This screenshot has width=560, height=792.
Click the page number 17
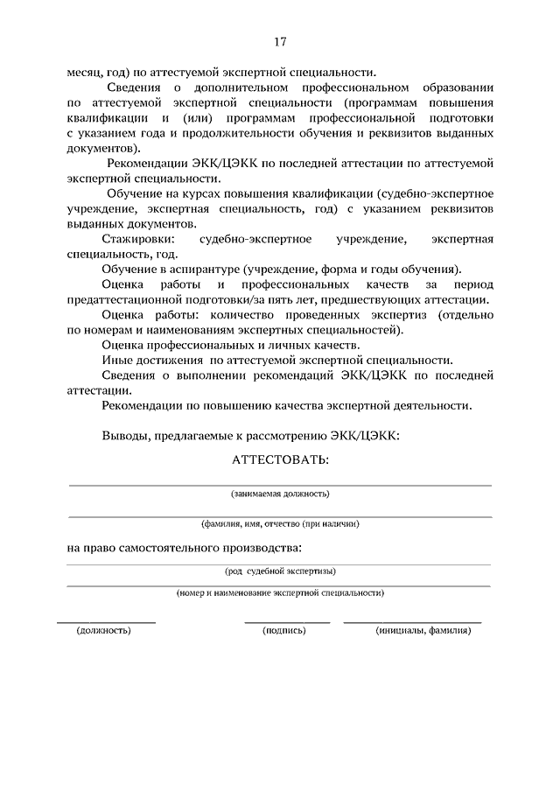[280, 42]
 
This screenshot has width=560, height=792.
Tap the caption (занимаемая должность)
[280, 494]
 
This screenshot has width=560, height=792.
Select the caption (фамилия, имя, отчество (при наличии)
[280, 523]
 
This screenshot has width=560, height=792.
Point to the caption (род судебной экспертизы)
[280, 571]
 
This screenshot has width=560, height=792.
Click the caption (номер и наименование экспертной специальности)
[280, 592]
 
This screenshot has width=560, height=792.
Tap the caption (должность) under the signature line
[104, 629]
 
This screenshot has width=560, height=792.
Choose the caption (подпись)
[285, 629]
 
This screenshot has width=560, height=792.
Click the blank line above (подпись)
[287, 621]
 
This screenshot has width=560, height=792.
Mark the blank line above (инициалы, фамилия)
[413, 621]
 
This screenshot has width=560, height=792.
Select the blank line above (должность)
[106, 621]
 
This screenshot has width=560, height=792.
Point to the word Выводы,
[125, 435]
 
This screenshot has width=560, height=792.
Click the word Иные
[116, 360]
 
